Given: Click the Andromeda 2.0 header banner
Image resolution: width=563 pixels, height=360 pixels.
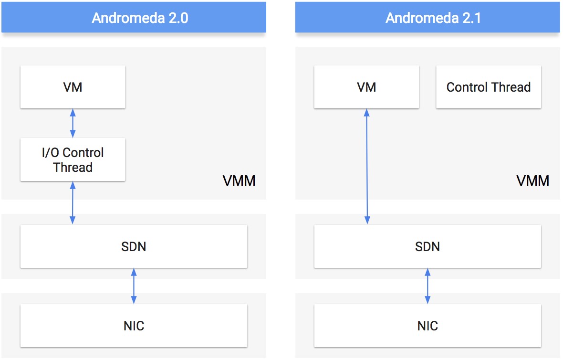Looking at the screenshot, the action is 134,17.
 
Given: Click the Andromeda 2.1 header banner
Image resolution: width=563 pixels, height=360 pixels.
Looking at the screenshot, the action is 427,17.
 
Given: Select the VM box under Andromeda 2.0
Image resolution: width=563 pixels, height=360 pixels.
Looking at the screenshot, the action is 73,87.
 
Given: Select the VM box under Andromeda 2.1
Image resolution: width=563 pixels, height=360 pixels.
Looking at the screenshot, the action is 366,87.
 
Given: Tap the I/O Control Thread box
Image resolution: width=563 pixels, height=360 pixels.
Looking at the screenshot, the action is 73,159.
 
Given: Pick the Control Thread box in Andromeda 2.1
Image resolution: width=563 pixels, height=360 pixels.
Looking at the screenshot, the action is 488,87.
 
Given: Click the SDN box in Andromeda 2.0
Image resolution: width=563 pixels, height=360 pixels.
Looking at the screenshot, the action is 134,246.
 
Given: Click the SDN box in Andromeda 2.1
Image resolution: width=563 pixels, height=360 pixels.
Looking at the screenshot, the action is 427,246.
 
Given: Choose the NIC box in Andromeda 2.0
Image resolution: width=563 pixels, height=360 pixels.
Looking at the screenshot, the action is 134,326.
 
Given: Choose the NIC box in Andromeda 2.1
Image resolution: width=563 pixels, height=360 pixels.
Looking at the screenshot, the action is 427,326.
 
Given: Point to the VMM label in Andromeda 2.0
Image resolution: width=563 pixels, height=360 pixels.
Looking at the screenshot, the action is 239,181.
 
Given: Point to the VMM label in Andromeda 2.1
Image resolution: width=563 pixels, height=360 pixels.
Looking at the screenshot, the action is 532,181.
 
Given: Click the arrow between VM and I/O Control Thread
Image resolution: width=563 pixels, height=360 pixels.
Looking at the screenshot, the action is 73,123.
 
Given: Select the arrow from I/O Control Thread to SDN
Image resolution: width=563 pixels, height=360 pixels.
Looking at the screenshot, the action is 73,203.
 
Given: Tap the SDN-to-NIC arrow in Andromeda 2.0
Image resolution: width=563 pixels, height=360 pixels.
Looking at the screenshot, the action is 134,286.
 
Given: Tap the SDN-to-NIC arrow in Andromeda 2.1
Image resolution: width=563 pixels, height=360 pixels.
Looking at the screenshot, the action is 427,286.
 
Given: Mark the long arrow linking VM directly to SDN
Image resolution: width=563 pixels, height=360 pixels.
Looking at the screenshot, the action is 366,167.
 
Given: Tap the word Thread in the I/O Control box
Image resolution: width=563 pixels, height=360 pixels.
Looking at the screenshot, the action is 73,168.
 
